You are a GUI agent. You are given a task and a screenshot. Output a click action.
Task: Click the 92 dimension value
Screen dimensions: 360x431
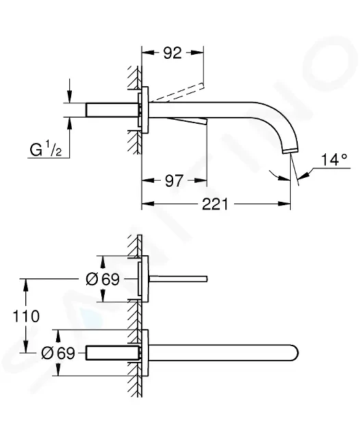pos(172,53)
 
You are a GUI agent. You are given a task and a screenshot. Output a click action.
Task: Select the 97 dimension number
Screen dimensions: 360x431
pos(174,181)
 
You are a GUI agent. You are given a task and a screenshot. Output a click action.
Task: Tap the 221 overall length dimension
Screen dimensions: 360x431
pos(215,204)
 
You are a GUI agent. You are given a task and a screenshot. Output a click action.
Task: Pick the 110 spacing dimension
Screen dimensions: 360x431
pos(27,316)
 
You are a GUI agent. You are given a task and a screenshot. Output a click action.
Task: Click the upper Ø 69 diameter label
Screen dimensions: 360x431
pos(103,279)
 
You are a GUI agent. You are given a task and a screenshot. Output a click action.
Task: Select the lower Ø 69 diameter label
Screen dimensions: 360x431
pos(58,353)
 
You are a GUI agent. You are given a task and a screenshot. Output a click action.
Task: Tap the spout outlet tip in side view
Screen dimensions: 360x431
pos(291,151)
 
